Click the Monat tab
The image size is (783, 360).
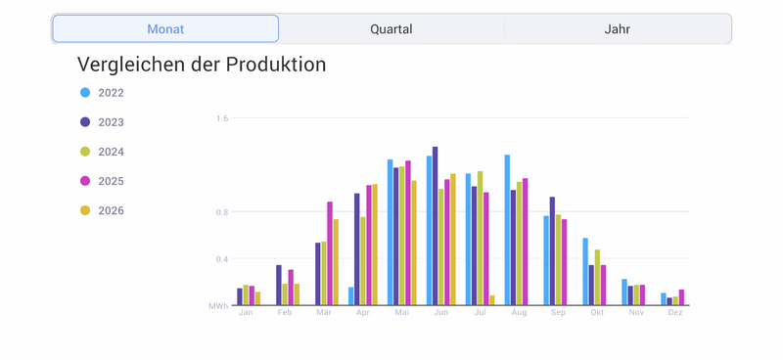point(165,29)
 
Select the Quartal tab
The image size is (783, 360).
point(391,29)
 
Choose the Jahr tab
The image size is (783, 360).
point(618,29)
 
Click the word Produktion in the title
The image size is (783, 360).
point(276,65)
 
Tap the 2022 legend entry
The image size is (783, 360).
point(103,93)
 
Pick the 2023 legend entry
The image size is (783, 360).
point(103,122)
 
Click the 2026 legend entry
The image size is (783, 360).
point(103,210)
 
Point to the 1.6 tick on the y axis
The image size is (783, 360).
point(222,118)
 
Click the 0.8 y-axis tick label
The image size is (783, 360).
point(222,211)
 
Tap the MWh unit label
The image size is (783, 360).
point(218,305)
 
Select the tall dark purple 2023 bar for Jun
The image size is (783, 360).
point(435,226)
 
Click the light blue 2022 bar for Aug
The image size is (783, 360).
point(507,230)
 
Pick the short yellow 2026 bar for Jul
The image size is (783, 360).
point(492,300)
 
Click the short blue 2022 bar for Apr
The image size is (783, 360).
point(351,296)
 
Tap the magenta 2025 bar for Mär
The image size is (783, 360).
point(330,253)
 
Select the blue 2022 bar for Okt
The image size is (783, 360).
point(585,271)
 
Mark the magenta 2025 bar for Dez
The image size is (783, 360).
point(681,297)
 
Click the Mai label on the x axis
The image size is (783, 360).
point(402,313)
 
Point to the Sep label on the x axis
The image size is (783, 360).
point(558,313)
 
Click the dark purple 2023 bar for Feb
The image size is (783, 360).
point(279,285)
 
